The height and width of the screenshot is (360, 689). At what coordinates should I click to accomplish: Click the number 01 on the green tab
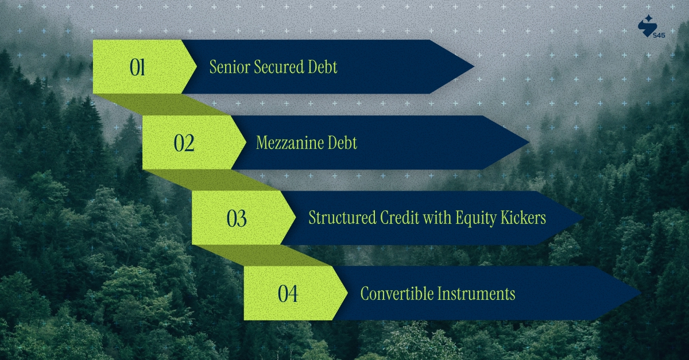(137, 68)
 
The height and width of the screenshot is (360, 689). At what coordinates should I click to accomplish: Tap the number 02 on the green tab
(184, 143)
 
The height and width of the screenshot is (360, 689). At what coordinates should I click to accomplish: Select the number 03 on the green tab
(237, 219)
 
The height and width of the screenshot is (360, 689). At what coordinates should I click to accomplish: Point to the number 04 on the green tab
(288, 294)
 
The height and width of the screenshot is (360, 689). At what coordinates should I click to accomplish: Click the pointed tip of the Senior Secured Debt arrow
(473, 67)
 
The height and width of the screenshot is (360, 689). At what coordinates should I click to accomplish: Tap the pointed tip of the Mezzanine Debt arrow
(528, 143)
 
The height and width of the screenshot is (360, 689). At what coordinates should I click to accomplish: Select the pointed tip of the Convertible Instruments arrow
(638, 294)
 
